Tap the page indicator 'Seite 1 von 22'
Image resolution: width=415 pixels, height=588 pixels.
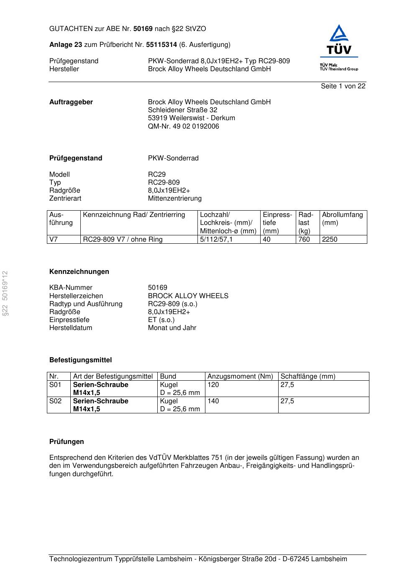[343, 86]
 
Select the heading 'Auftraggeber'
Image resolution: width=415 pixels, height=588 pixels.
[71, 102]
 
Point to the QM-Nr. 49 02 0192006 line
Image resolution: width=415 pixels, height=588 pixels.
[183, 126]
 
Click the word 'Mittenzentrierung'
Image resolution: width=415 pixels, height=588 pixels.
[174, 199]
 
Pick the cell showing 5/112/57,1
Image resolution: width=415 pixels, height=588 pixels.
[216, 240]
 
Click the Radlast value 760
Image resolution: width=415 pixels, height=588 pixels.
[304, 240]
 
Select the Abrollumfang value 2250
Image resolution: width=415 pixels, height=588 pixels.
[330, 240]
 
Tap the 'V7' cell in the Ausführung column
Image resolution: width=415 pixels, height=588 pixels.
[54, 240]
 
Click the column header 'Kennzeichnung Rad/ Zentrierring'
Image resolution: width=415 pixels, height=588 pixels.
[134, 215]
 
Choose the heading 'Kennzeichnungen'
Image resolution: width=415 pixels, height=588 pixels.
[79, 272]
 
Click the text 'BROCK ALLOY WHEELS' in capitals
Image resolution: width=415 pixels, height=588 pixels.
[188, 296]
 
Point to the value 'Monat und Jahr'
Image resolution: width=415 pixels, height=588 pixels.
[172, 328]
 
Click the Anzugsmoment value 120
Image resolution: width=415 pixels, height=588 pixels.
[213, 385]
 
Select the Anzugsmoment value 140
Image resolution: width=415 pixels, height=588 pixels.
[213, 401]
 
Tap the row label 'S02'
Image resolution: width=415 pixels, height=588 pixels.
[56, 401]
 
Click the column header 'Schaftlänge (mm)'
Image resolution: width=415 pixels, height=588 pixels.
[308, 377]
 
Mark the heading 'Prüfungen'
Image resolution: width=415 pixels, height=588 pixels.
[67, 442]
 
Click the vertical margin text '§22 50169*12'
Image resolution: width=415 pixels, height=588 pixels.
[5, 293]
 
